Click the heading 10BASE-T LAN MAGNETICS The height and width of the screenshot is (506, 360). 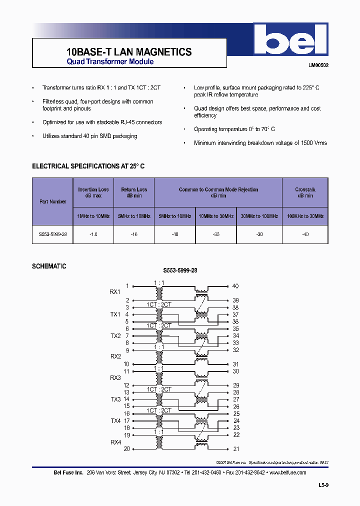click(x=128, y=51)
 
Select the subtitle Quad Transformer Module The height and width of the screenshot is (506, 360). click(x=110, y=62)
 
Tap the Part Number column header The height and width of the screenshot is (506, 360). click(x=52, y=201)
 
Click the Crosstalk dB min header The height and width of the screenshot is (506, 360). click(x=305, y=192)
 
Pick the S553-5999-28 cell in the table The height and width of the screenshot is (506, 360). click(x=52, y=234)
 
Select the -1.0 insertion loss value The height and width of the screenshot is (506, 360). click(x=93, y=234)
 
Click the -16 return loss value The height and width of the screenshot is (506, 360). click(x=134, y=234)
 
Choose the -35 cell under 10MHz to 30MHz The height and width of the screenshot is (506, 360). click(x=215, y=234)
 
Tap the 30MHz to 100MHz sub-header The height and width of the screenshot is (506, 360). click(x=259, y=216)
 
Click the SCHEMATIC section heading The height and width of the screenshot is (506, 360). click(x=49, y=266)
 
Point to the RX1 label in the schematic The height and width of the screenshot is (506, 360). click(x=115, y=291)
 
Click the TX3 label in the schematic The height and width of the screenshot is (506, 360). click(x=115, y=399)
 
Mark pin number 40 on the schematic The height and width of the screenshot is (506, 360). click(x=235, y=286)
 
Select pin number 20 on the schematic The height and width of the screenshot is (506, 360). click(x=126, y=449)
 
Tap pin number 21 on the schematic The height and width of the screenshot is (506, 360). click(x=235, y=449)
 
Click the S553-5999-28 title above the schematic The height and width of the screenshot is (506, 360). click(x=180, y=270)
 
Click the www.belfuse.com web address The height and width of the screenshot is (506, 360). click(x=287, y=472)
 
